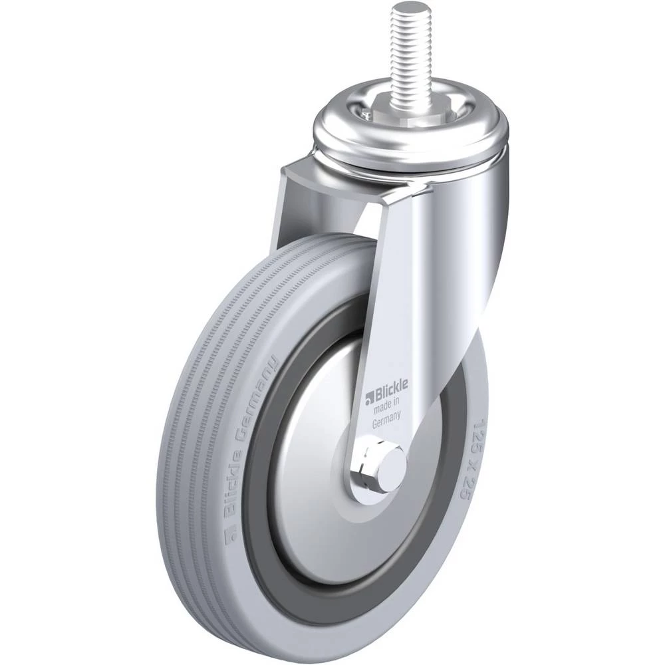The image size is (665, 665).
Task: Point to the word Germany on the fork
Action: tap(386, 420)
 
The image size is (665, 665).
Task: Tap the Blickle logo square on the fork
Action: tap(368, 397)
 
